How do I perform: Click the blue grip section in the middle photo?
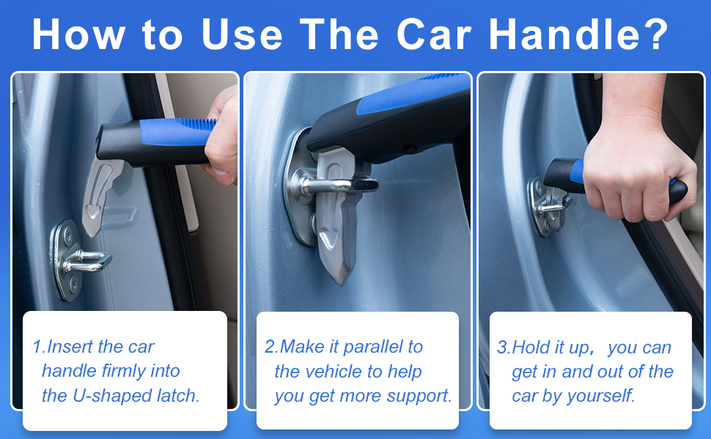pyautogui.click(x=410, y=99)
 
